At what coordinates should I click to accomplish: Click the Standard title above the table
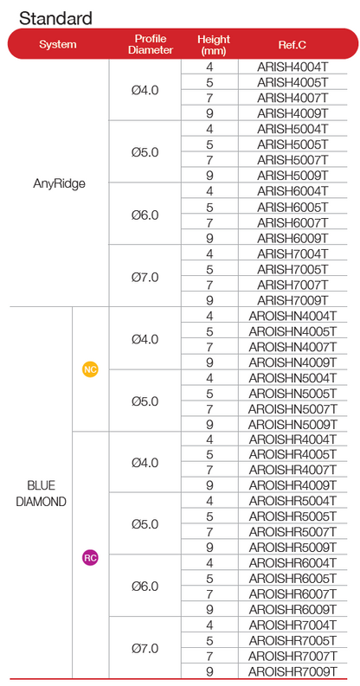[55, 18]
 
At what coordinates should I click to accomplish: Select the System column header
[58, 44]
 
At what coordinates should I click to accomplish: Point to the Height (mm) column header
[214, 45]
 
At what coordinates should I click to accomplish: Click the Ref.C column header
[292, 45]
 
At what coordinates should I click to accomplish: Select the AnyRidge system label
[59, 183]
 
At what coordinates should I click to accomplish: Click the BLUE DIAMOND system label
[42, 493]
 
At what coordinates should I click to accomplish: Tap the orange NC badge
[90, 369]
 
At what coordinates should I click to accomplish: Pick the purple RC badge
[90, 558]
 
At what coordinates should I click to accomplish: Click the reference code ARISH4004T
[292, 67]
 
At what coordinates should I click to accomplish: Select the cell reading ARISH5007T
[292, 160]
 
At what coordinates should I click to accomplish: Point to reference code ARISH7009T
[292, 300]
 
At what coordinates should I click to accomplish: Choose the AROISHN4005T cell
[292, 330]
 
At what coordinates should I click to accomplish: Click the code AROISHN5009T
[292, 424]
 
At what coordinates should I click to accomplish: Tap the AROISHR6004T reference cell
[292, 563]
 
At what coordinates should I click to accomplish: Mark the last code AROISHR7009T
[292, 671]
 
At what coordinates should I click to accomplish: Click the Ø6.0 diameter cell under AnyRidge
[145, 215]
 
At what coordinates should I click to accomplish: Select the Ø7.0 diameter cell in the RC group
[145, 648]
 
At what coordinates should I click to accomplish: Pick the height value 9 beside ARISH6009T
[209, 238]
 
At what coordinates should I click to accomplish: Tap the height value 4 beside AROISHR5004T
[209, 501]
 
